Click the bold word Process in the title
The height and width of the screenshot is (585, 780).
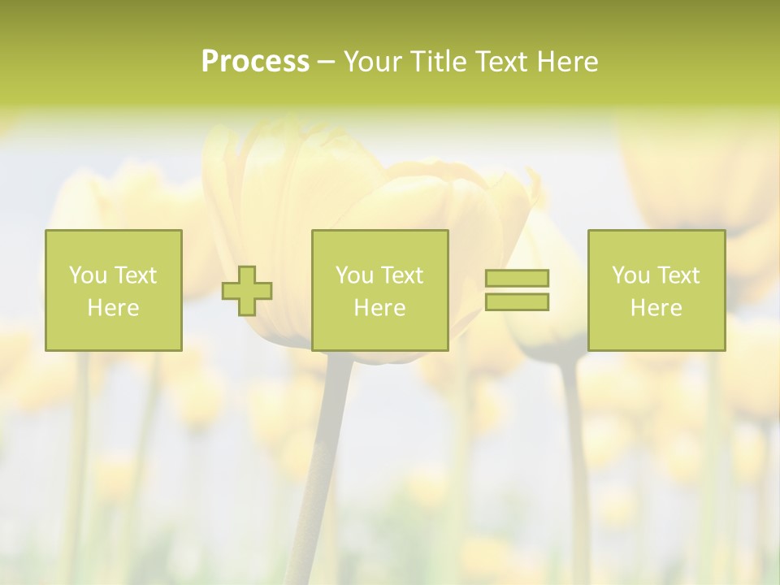pos(255,62)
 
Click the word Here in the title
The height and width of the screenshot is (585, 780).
pos(569,62)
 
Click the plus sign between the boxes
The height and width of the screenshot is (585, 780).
pos(247,291)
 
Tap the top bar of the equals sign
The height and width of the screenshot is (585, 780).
pos(517,278)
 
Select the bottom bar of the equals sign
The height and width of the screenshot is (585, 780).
pos(517,302)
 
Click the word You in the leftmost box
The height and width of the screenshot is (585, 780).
pos(88,275)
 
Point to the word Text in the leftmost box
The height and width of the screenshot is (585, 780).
pos(135,275)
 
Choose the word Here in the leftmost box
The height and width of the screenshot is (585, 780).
pos(113,308)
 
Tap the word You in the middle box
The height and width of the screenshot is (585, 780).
pos(354,275)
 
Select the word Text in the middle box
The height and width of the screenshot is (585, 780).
pos(401,275)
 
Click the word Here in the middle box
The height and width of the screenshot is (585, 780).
pos(379,308)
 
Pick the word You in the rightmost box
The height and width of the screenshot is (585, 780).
pos(630,275)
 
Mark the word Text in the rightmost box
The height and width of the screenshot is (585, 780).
pos(678,275)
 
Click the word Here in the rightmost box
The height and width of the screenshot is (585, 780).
pos(656,308)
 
